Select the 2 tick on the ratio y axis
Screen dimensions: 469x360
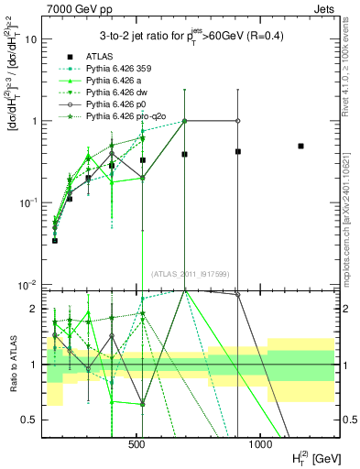point(37,309)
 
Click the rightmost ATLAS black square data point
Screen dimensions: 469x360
point(300,146)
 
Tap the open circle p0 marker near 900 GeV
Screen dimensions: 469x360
point(237,121)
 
